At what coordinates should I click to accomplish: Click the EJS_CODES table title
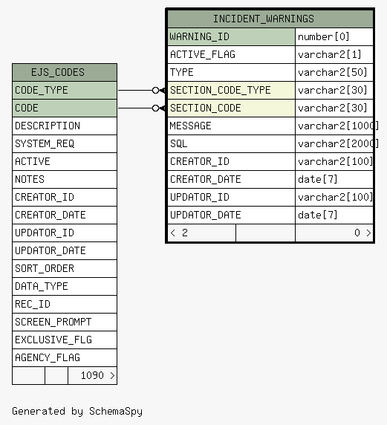(x=58, y=72)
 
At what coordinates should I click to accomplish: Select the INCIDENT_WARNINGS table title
(x=264, y=19)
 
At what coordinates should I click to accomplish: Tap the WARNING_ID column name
(x=200, y=36)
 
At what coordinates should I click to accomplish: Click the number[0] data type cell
(x=323, y=36)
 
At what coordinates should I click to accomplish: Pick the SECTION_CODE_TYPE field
(x=221, y=90)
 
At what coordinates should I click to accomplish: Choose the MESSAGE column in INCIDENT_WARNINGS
(x=190, y=126)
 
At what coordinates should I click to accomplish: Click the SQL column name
(x=178, y=143)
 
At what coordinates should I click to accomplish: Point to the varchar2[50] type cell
(x=333, y=72)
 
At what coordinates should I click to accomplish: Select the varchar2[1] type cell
(x=330, y=54)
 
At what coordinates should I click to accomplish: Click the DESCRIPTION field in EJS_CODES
(x=48, y=126)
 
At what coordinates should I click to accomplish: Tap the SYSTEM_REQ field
(x=45, y=143)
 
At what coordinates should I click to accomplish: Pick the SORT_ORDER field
(x=45, y=268)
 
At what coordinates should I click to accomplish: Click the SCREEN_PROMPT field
(x=53, y=322)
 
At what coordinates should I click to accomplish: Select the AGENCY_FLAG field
(x=48, y=357)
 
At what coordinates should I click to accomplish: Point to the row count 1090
(x=92, y=375)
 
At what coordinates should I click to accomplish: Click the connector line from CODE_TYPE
(x=135, y=90)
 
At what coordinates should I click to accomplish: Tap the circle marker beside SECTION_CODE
(x=155, y=108)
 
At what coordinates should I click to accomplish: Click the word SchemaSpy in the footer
(x=116, y=411)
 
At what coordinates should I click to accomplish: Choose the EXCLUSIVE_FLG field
(x=53, y=340)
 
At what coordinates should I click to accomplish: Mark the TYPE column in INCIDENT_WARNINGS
(x=181, y=72)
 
